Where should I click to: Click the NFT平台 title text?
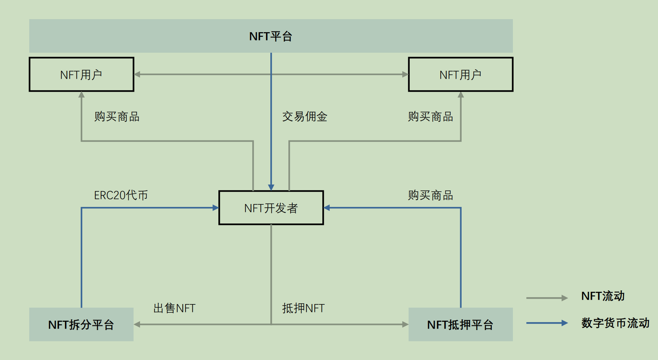point(271,36)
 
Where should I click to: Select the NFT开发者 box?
point(271,208)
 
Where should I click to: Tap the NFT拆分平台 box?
point(81,324)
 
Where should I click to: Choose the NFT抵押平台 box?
point(460,324)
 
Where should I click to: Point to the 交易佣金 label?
point(305,117)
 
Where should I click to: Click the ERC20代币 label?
point(121,195)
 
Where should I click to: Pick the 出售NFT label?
point(174,308)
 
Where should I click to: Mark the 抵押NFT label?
point(303,308)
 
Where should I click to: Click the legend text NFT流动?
point(603,296)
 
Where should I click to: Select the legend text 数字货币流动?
point(615,323)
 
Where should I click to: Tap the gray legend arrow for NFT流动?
point(547,298)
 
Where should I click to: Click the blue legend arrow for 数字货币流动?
point(547,323)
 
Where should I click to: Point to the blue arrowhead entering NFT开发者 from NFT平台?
point(271,187)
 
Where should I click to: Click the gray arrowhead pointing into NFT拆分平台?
point(137,324)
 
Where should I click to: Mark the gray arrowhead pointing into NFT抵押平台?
point(405,324)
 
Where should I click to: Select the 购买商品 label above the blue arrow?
point(430,195)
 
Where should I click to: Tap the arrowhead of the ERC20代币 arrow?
point(216,208)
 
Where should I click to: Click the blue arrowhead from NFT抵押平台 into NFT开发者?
point(327,208)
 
